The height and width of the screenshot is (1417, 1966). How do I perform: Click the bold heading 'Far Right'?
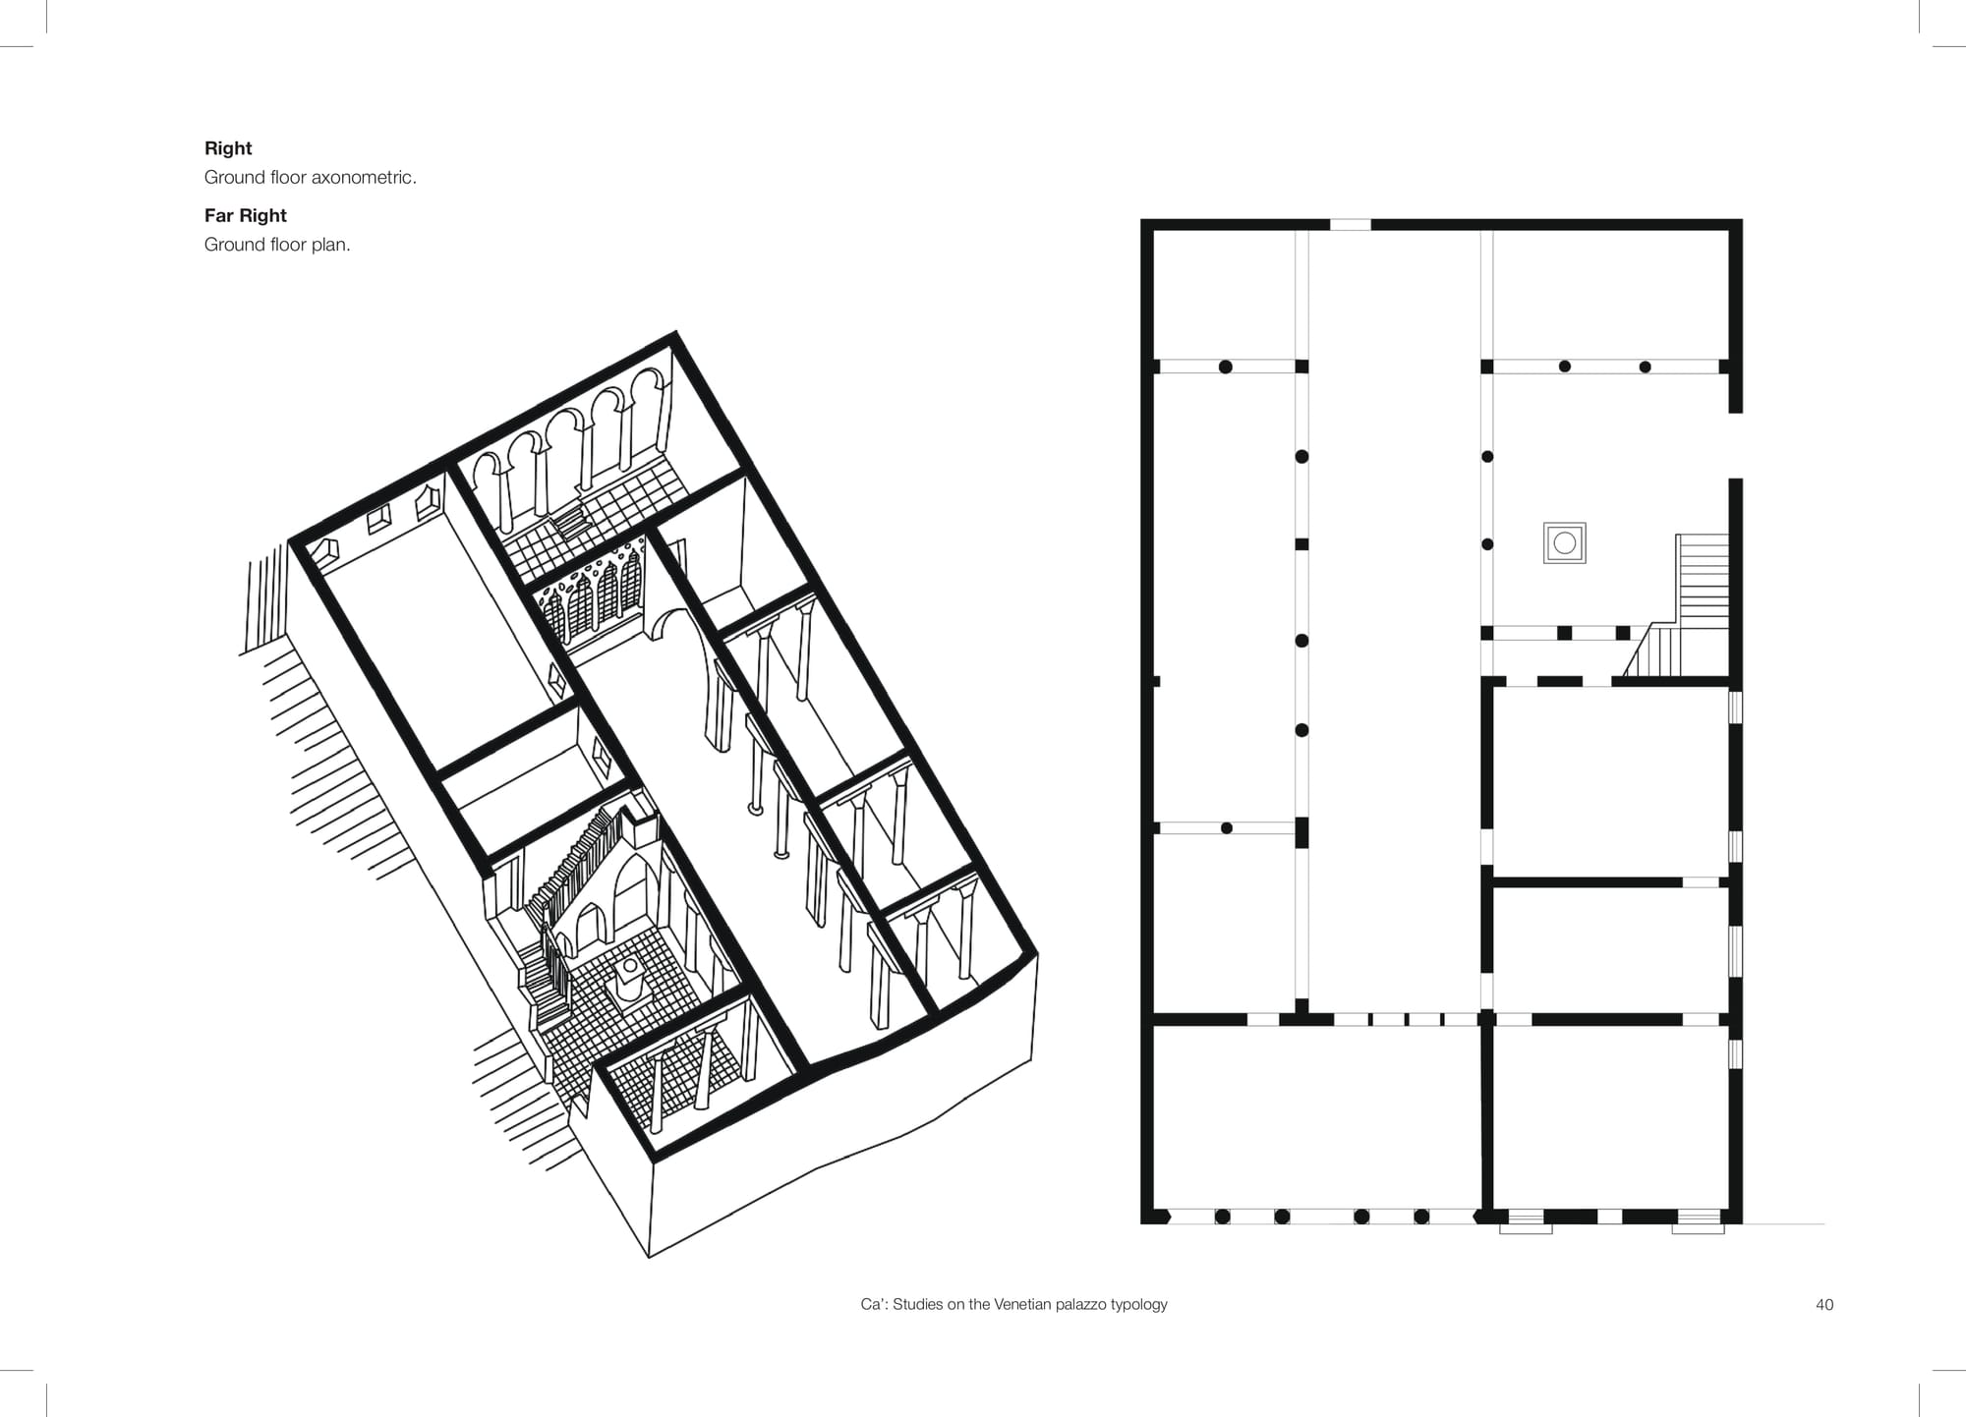click(x=246, y=215)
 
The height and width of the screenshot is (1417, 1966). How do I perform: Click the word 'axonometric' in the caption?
click(x=363, y=178)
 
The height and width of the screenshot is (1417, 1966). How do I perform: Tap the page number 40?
click(x=1824, y=1305)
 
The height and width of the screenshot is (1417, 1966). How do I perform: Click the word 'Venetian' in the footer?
click(x=1023, y=1305)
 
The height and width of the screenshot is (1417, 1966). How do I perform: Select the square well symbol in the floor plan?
click(x=1565, y=542)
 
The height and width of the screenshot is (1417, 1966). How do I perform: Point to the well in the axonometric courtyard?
click(x=629, y=979)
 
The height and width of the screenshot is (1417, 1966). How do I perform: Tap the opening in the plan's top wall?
click(x=1351, y=225)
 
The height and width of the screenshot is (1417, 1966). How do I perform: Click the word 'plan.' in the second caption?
click(x=331, y=245)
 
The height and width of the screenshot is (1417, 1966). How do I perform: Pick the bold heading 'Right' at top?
click(x=228, y=148)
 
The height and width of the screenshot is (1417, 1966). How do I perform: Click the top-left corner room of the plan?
click(x=1224, y=295)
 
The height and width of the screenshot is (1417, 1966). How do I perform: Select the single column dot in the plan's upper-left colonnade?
click(x=1226, y=367)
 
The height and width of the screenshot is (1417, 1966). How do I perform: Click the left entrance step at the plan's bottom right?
click(x=1526, y=1222)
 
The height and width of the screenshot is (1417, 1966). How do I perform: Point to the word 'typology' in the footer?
click(x=1139, y=1305)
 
